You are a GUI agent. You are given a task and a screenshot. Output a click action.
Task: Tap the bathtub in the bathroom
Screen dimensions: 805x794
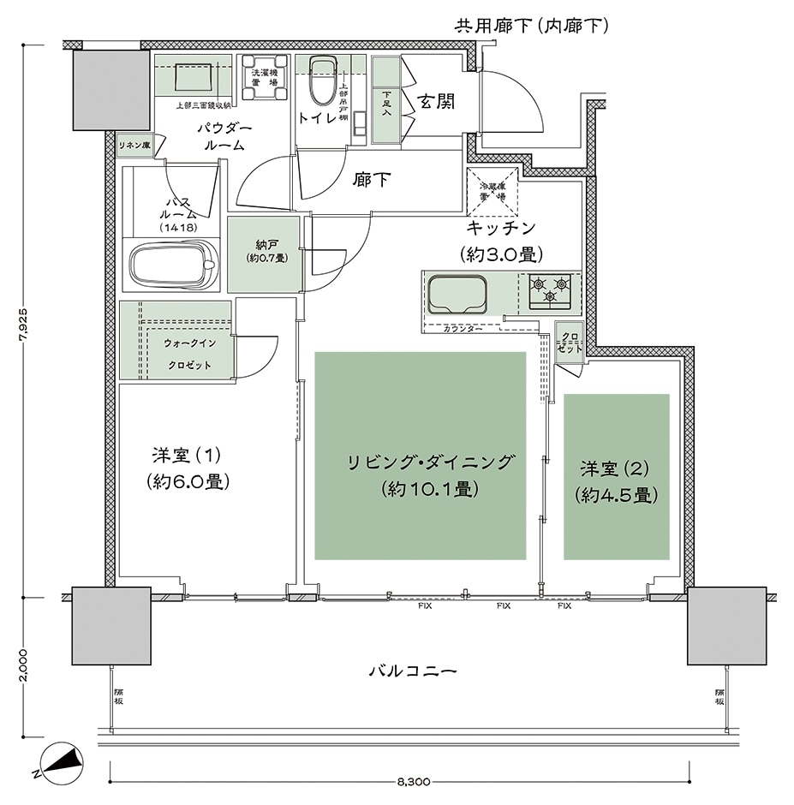pos(173,265)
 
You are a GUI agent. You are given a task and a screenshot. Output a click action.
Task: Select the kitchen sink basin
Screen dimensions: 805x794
pos(457,295)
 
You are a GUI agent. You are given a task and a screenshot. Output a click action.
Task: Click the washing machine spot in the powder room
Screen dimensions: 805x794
pos(260,78)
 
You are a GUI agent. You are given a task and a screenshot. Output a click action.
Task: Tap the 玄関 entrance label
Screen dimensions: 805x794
pos(436,102)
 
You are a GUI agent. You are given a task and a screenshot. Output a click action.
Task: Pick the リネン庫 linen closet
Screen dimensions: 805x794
pos(135,145)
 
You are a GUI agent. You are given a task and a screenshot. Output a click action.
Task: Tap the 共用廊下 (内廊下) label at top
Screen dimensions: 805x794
pos(531,26)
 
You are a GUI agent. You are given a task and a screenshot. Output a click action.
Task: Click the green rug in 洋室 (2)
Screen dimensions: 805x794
pos(616,477)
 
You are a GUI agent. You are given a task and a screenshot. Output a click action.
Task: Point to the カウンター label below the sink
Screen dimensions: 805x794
pos(463,328)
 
